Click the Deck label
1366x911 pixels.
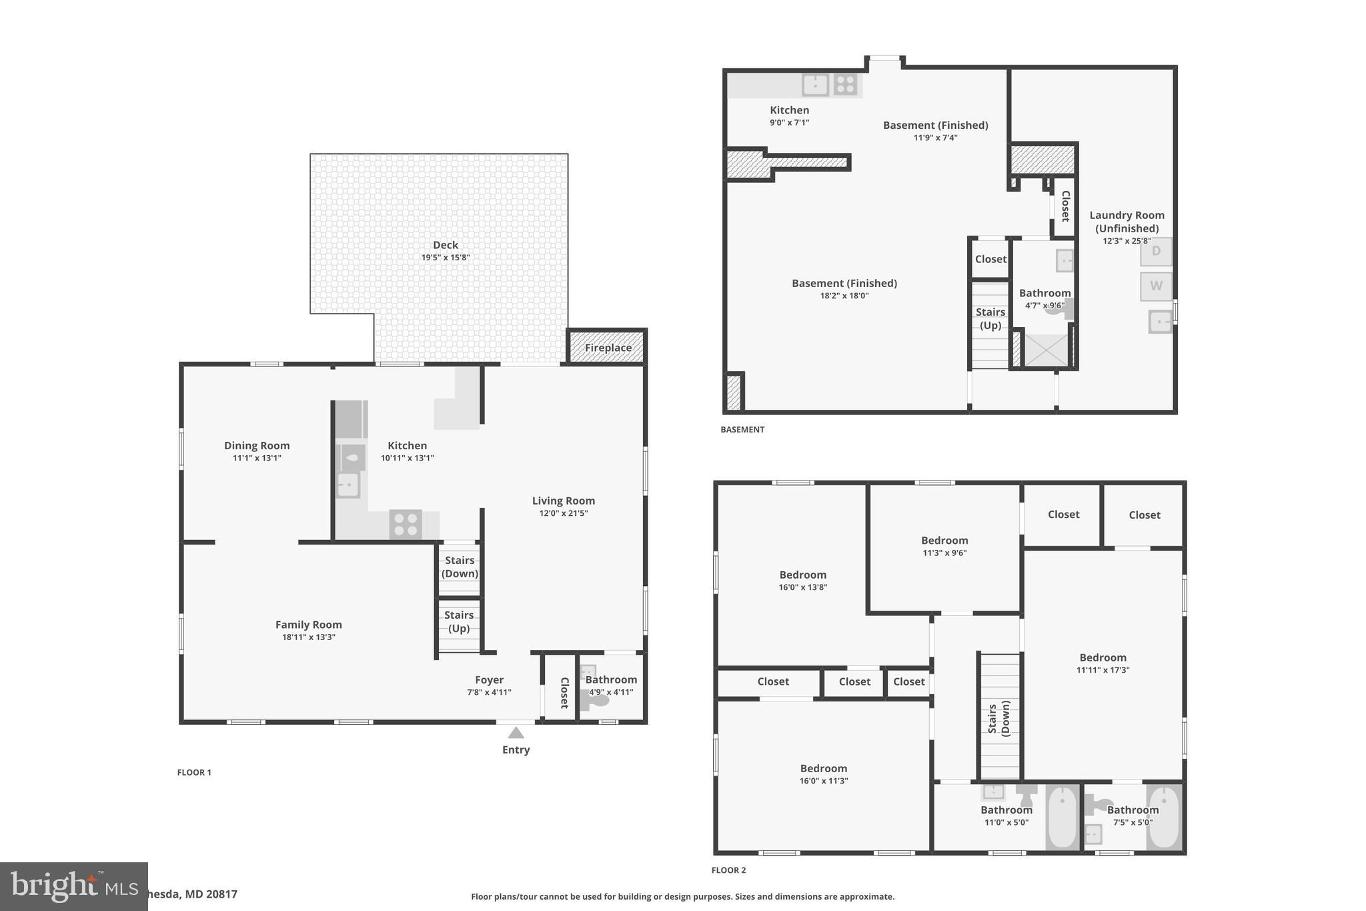click(x=445, y=245)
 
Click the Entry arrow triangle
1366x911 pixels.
click(x=516, y=733)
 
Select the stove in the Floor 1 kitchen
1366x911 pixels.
click(x=406, y=524)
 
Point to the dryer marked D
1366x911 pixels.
click(x=1156, y=252)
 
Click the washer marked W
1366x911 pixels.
click(x=1156, y=286)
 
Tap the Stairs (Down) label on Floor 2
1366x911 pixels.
click(x=998, y=718)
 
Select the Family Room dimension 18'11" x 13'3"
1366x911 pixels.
click(x=308, y=637)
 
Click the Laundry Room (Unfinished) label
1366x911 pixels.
click(x=1127, y=222)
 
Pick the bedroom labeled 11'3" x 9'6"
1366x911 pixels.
click(x=944, y=546)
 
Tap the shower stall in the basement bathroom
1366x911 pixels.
click(x=1045, y=350)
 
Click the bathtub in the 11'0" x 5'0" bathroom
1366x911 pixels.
click(x=1062, y=818)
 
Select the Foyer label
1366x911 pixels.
click(x=489, y=680)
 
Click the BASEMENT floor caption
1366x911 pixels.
click(x=742, y=430)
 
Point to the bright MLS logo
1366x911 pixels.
click(x=73, y=886)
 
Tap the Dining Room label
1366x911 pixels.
click(x=257, y=446)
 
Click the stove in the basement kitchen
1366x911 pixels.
click(x=845, y=85)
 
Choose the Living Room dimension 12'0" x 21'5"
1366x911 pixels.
click(x=563, y=513)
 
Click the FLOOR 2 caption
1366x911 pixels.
click(x=728, y=870)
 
